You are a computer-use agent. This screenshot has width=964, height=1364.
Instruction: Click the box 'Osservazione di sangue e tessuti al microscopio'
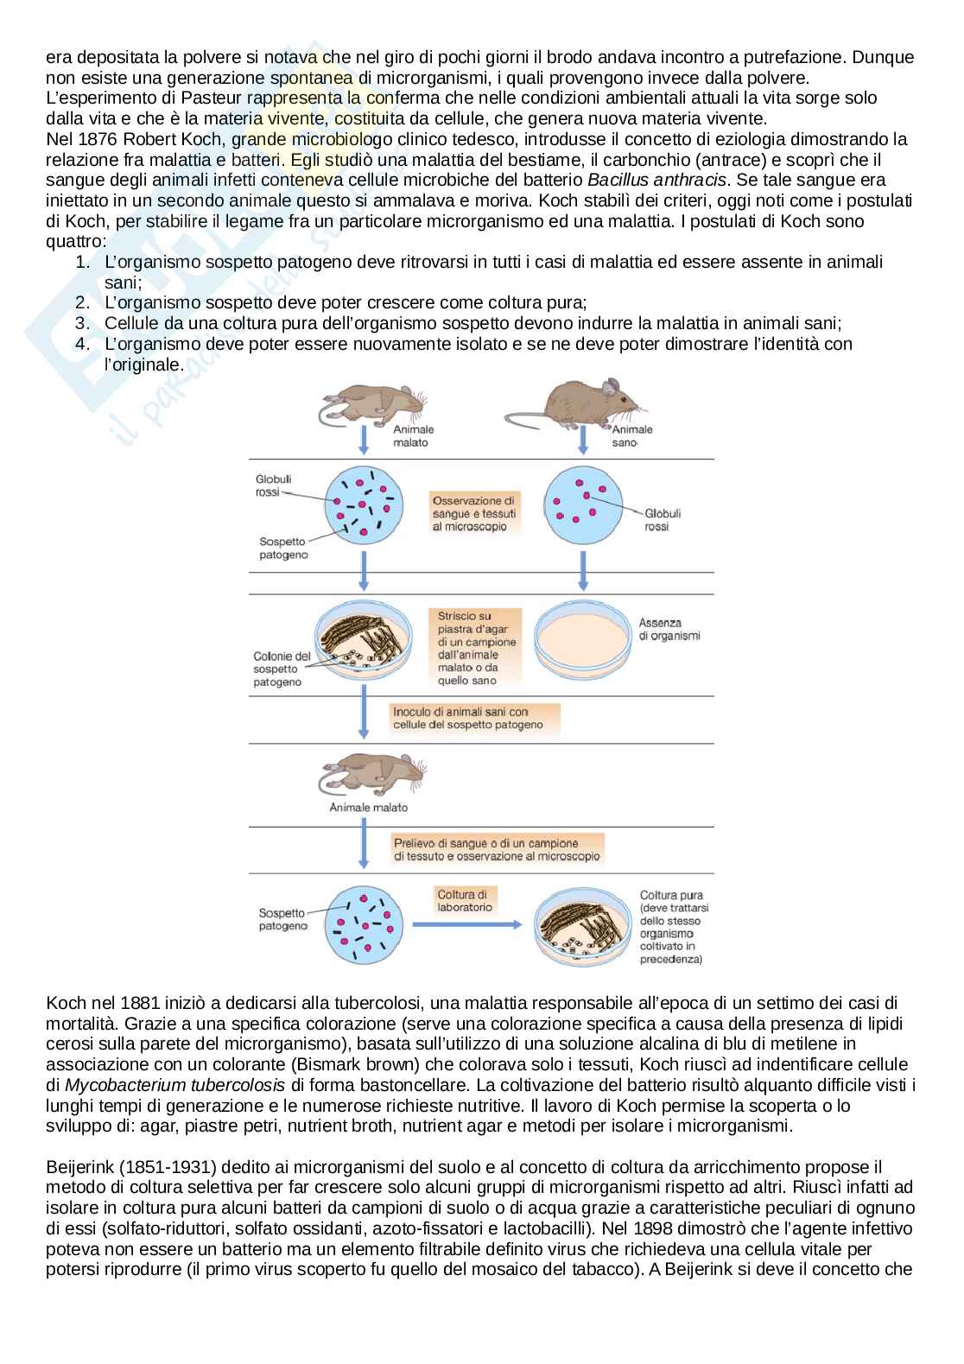click(474, 513)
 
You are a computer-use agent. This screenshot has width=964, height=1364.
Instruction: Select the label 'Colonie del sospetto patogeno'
click(282, 669)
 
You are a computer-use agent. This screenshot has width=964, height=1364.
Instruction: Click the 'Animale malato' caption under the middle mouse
click(368, 808)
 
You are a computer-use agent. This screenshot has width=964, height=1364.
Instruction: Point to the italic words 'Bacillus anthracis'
click(657, 180)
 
